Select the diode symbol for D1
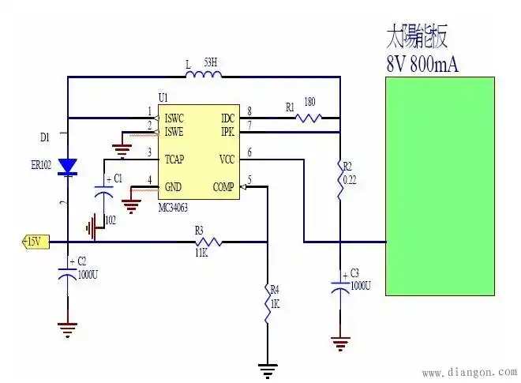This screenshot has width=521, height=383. [x=69, y=166]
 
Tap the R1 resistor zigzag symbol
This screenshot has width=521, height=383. [x=308, y=118]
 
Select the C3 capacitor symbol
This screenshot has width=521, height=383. [x=340, y=285]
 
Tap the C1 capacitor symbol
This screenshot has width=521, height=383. [x=103, y=190]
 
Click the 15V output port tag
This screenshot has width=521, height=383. [x=32, y=241]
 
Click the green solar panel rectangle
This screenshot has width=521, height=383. [x=440, y=186]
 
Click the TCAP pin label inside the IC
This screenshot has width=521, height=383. [x=174, y=159]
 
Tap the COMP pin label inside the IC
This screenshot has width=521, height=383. [x=225, y=187]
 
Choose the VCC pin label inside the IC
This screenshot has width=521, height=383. [x=227, y=159]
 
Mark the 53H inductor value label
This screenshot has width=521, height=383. [x=211, y=61]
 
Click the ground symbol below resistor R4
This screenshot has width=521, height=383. [x=268, y=368]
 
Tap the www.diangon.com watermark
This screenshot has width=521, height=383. [x=469, y=372]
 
